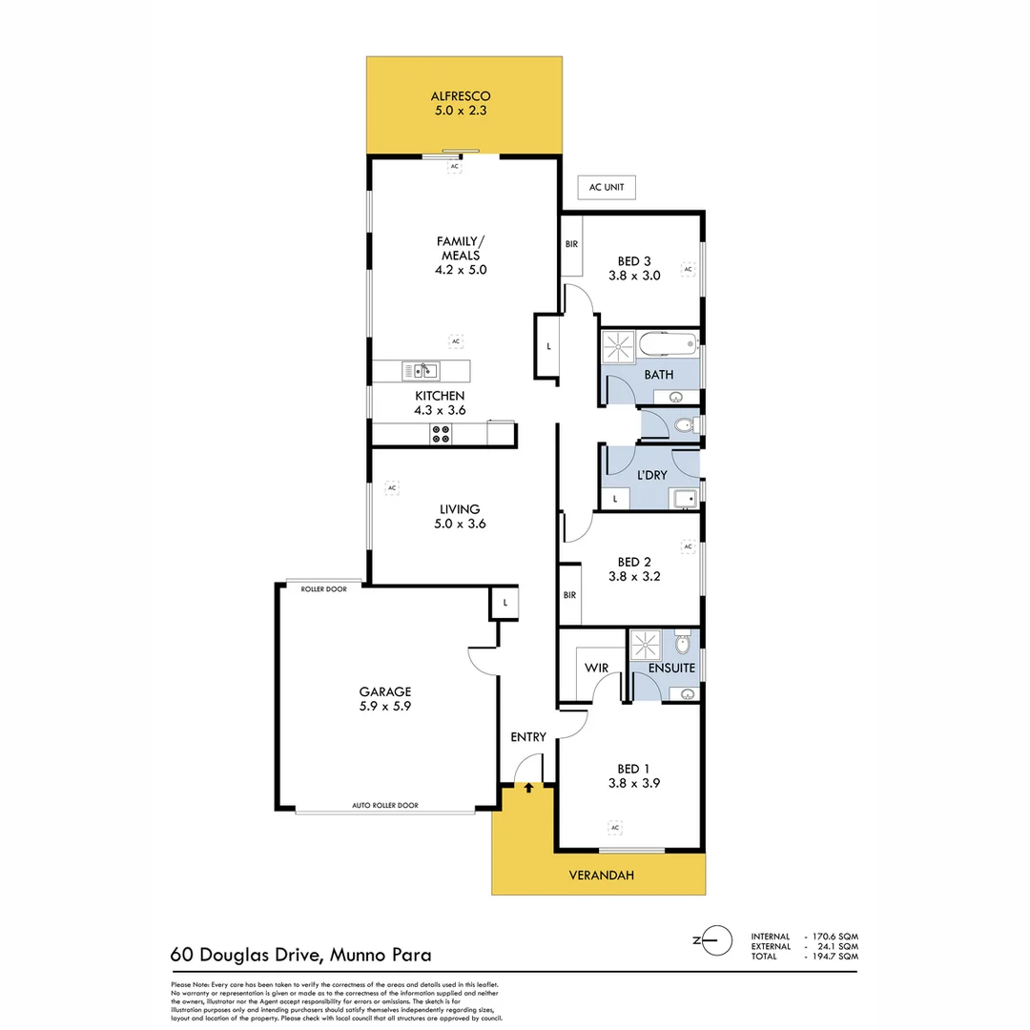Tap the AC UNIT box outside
[x=607, y=188]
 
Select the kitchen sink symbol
[x=420, y=370]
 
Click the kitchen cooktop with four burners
[x=441, y=434]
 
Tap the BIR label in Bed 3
[x=571, y=244]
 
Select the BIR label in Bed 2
[x=570, y=595]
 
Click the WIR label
[x=596, y=669]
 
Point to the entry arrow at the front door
[x=528, y=788]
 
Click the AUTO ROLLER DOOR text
[x=385, y=806]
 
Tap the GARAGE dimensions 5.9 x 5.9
[x=384, y=707]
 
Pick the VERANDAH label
[x=601, y=875]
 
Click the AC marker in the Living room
[x=391, y=488]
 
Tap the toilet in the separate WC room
[x=683, y=425]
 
